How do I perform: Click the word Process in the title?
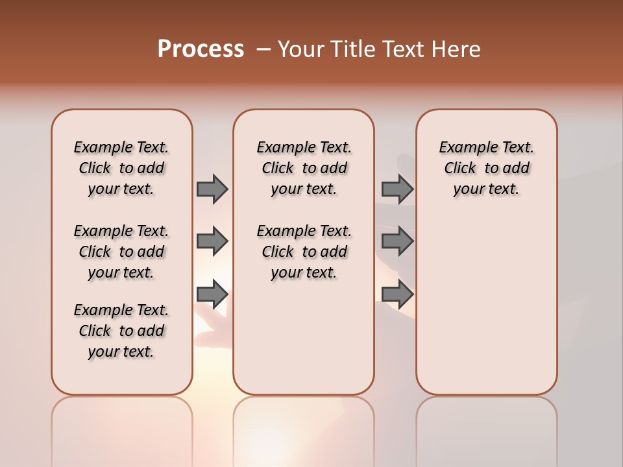tap(201, 49)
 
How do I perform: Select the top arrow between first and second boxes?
tap(212, 189)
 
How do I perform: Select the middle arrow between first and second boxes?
tap(212, 241)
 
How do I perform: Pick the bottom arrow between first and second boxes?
tap(212, 294)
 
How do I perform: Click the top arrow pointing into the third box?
tap(397, 189)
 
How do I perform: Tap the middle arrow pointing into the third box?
tap(397, 241)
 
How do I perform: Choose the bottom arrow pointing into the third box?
tap(397, 294)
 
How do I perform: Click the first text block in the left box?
tap(121, 168)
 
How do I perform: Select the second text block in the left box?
tap(121, 252)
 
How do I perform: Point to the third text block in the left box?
tap(121, 331)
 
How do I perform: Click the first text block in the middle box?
tap(304, 168)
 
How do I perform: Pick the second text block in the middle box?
tap(304, 252)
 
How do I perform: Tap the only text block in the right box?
tap(486, 168)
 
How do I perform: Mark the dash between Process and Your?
tap(263, 49)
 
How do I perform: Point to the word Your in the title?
tap(300, 49)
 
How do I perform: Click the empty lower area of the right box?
tap(486, 311)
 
